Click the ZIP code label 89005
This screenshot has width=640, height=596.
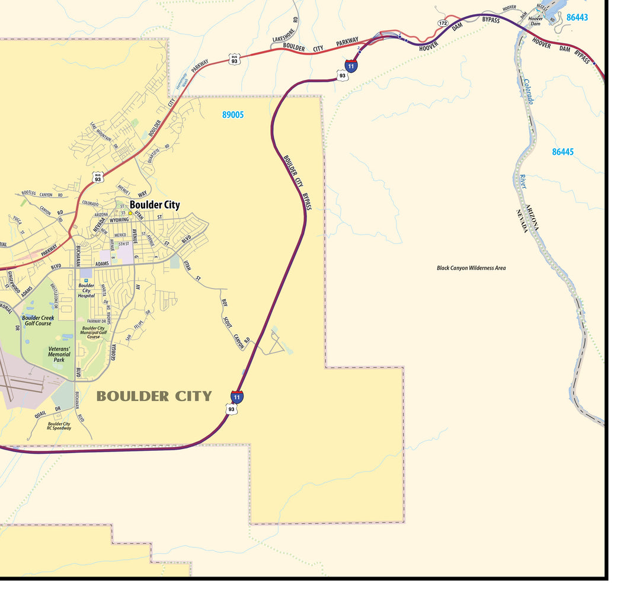[233, 115]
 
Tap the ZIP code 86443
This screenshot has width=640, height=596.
[577, 18]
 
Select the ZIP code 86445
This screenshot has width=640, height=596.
[562, 152]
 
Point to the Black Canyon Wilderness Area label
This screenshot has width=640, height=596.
[471, 268]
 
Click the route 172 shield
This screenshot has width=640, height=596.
[443, 23]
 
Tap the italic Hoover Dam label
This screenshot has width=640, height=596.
[536, 21]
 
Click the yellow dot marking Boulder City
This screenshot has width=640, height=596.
[130, 213]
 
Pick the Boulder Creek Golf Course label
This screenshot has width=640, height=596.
[37, 321]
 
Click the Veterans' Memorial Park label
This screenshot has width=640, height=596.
[59, 354]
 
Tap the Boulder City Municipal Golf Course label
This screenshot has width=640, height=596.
[94, 332]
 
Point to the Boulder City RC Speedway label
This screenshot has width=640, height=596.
[59, 426]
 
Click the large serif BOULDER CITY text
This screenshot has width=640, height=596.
[153, 396]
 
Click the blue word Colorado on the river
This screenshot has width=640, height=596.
[528, 92]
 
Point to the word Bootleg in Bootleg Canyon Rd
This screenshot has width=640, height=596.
[30, 193]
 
